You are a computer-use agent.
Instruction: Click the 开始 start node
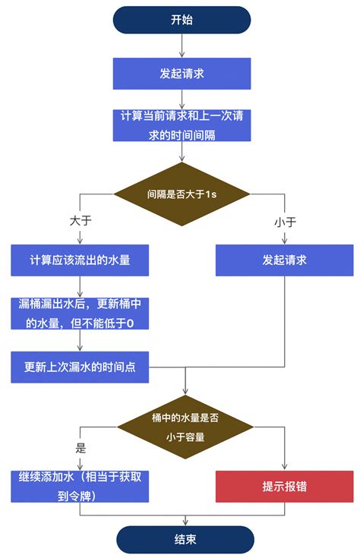pos(182,20)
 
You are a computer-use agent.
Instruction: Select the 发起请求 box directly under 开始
pos(182,74)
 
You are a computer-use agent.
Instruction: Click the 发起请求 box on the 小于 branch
pos(284,260)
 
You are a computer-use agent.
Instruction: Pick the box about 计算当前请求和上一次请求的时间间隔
pos(182,125)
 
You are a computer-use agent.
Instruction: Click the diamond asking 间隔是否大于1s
pos(182,194)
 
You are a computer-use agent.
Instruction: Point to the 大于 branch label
pos(80,221)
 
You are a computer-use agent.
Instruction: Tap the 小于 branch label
pos(284,222)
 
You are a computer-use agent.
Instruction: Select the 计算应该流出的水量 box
pos(80,260)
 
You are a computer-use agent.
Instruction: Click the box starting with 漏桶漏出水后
pos(80,314)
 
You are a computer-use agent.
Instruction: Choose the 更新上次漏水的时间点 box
pos(80,367)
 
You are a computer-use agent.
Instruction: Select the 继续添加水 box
pos(80,486)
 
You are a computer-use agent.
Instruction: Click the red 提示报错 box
pos(284,487)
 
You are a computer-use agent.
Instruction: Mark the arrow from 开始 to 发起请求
pos(182,46)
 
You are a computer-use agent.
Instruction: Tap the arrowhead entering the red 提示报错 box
pos(284,467)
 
